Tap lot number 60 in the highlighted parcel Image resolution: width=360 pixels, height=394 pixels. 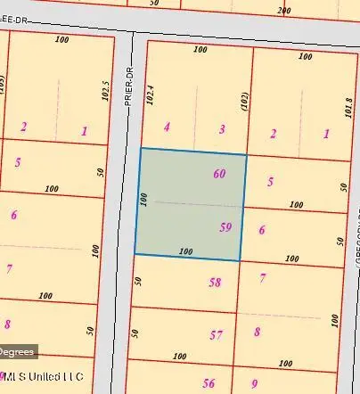[x=219, y=174]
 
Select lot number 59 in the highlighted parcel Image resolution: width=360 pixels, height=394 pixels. [x=225, y=227]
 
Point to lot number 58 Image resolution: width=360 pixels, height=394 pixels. [x=215, y=283]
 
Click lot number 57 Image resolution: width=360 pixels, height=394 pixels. [x=216, y=335]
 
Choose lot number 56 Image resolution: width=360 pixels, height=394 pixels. [x=209, y=383]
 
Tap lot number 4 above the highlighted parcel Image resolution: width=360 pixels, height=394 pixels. [x=167, y=127]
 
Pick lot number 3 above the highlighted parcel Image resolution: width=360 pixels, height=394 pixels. [x=222, y=129]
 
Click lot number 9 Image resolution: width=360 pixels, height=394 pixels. [x=254, y=384]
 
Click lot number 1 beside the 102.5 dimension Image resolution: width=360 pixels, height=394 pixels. [x=84, y=131]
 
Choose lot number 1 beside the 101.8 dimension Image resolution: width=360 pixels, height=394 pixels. [x=326, y=134]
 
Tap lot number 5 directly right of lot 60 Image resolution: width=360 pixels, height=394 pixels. [x=270, y=181]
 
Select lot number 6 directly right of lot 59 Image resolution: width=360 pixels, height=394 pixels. [x=262, y=230]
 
